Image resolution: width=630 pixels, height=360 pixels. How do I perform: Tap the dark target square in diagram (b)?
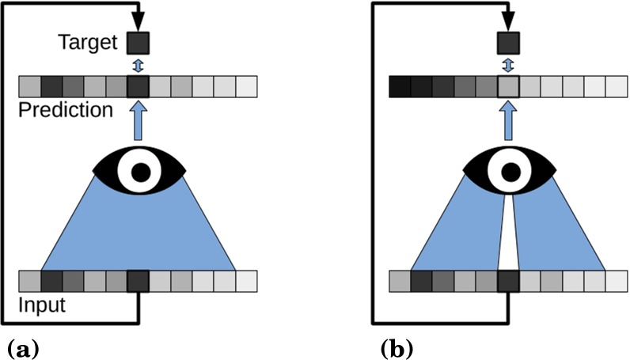point(507,41)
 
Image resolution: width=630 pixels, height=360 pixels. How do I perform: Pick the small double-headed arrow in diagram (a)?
point(138,63)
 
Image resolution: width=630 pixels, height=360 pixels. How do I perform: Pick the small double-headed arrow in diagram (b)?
point(508,63)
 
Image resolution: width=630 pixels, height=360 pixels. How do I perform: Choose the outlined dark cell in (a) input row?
point(138,282)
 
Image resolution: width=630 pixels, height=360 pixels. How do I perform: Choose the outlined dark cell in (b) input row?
point(508,282)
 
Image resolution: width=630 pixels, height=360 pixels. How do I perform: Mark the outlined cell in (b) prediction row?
point(508,85)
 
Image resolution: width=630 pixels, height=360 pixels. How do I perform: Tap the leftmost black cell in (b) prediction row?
point(400,85)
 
